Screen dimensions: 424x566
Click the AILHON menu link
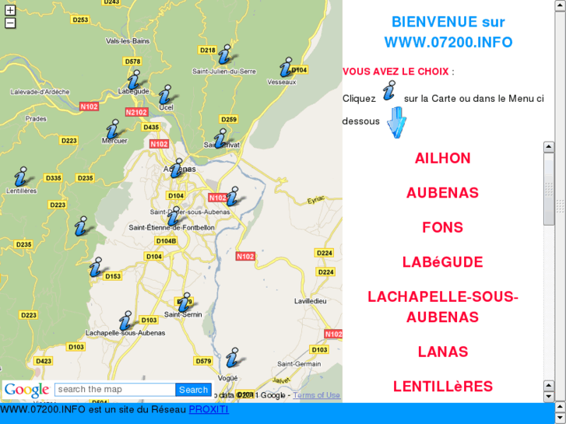442,158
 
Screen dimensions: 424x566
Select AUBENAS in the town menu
442,193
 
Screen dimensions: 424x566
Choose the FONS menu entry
442,227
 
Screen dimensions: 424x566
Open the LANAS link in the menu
442,352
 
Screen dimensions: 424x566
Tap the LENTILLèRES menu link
442,387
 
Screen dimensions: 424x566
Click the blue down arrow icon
397,122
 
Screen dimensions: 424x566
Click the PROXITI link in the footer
208,409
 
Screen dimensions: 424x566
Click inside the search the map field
115,390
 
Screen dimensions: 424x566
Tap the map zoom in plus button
10,10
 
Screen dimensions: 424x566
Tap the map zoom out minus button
10,23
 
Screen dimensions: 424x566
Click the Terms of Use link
316,395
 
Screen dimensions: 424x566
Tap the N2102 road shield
136,112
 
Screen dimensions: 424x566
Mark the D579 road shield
203,361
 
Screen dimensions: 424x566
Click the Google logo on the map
26,390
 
